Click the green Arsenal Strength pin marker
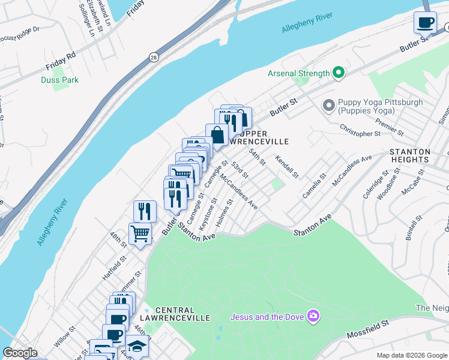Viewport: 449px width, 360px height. (x=339, y=73)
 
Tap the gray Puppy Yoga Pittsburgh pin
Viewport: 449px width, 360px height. (x=328, y=106)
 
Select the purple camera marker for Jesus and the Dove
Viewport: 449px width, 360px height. (x=312, y=316)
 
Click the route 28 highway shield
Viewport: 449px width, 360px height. (x=154, y=56)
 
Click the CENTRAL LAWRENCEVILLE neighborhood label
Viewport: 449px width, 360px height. (x=173, y=313)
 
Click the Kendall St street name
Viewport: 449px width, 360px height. (x=287, y=166)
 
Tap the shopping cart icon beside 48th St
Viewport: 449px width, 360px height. (x=140, y=233)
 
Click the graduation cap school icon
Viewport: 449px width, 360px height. (x=137, y=346)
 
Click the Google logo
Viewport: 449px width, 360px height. (x=20, y=353)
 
